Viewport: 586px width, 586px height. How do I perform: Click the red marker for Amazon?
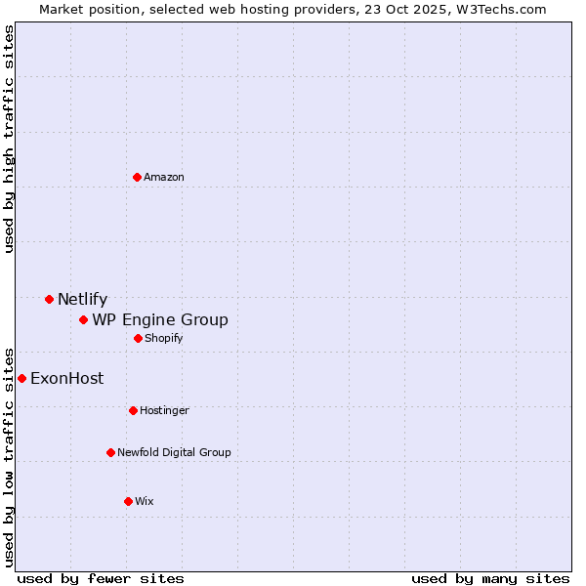(x=137, y=177)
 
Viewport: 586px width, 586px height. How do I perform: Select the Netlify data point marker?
(x=49, y=299)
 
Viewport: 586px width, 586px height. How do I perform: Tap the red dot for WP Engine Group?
(x=84, y=319)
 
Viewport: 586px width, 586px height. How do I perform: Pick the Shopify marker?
(x=138, y=338)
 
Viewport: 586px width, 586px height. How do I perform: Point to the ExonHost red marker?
(x=21, y=378)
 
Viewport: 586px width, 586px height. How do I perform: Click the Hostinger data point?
(x=133, y=410)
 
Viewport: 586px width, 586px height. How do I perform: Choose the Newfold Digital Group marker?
(x=110, y=452)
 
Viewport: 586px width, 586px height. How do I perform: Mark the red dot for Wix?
(x=128, y=501)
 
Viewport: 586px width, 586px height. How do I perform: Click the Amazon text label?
(x=164, y=177)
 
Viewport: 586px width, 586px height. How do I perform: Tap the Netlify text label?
(x=82, y=300)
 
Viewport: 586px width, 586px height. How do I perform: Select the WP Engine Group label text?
(x=160, y=320)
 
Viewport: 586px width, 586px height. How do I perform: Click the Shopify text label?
(x=163, y=338)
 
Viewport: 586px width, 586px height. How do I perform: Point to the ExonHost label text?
(x=66, y=379)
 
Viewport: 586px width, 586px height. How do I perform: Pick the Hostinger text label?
(x=164, y=410)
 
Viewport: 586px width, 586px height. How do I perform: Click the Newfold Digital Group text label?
(x=174, y=452)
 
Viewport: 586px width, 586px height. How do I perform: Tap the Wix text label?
(x=145, y=501)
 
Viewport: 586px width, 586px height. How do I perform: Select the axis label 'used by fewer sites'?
(x=101, y=578)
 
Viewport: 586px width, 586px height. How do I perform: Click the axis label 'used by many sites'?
(x=490, y=578)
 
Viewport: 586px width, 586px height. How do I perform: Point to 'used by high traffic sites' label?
(x=9, y=139)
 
